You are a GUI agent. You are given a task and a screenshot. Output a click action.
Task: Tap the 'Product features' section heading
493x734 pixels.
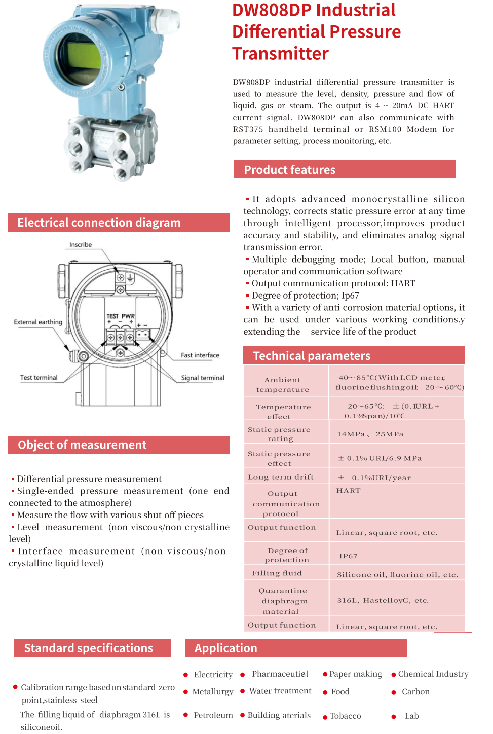coord(289,170)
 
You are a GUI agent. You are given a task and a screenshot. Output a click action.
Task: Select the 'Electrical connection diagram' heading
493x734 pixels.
coord(99,223)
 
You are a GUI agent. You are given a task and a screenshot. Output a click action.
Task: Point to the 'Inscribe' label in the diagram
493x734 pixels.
coord(81,245)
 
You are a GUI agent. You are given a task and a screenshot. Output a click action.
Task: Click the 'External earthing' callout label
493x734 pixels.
coord(38,322)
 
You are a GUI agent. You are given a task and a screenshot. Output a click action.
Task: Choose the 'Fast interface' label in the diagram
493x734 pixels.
coord(200,355)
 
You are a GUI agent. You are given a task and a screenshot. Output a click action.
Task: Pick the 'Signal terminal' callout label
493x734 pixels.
coord(203,378)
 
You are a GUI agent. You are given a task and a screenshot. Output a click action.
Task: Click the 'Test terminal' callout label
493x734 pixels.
coord(39,378)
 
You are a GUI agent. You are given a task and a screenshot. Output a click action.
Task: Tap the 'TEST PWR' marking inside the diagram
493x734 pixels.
coord(121,316)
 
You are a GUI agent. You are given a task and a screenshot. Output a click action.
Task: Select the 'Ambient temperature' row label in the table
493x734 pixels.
coord(283,384)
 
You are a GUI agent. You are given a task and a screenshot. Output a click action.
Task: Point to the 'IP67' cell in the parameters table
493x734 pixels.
coord(348,556)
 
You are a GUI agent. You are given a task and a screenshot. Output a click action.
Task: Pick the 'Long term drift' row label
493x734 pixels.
coord(281,477)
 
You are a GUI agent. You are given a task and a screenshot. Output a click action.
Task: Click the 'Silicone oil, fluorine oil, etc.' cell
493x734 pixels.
coord(397,574)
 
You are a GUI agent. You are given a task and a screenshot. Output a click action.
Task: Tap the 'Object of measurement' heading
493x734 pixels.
coord(82,445)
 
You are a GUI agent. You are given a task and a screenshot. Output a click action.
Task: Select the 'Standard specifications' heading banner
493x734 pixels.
coord(89,648)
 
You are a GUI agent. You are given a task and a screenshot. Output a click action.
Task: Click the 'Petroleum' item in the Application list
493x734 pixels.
coord(213,715)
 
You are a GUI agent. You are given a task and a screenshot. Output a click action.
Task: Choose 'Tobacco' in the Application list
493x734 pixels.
coord(346,716)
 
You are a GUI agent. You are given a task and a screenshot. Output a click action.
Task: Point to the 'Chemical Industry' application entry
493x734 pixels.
coord(433,674)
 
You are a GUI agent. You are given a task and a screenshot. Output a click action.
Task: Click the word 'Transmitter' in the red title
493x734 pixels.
coord(280,53)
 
